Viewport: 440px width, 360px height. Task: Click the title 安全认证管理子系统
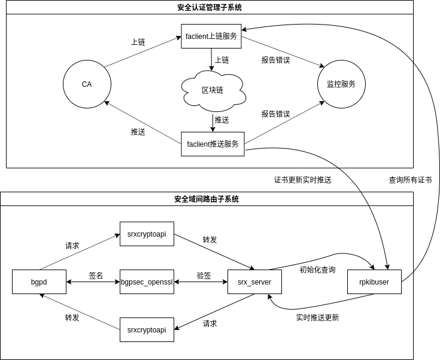210,8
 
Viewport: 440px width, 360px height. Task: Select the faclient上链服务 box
211,36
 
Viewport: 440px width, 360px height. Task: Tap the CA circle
87,84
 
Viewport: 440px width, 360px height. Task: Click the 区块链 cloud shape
213,90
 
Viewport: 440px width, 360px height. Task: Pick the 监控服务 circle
341,84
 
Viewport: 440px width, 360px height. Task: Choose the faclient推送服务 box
213,144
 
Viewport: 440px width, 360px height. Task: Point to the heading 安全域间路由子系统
207,199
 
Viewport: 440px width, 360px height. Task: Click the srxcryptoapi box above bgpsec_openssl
147,234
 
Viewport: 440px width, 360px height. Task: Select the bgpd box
39,282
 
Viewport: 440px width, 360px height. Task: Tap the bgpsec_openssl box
147,282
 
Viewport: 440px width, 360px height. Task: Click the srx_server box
254,282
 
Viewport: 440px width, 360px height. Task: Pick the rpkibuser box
374,282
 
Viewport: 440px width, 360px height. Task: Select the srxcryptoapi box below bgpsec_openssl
147,329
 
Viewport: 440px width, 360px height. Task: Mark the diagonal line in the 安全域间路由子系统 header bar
365,199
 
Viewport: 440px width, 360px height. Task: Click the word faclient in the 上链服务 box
196,37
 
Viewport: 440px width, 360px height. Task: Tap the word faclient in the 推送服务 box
198,144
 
